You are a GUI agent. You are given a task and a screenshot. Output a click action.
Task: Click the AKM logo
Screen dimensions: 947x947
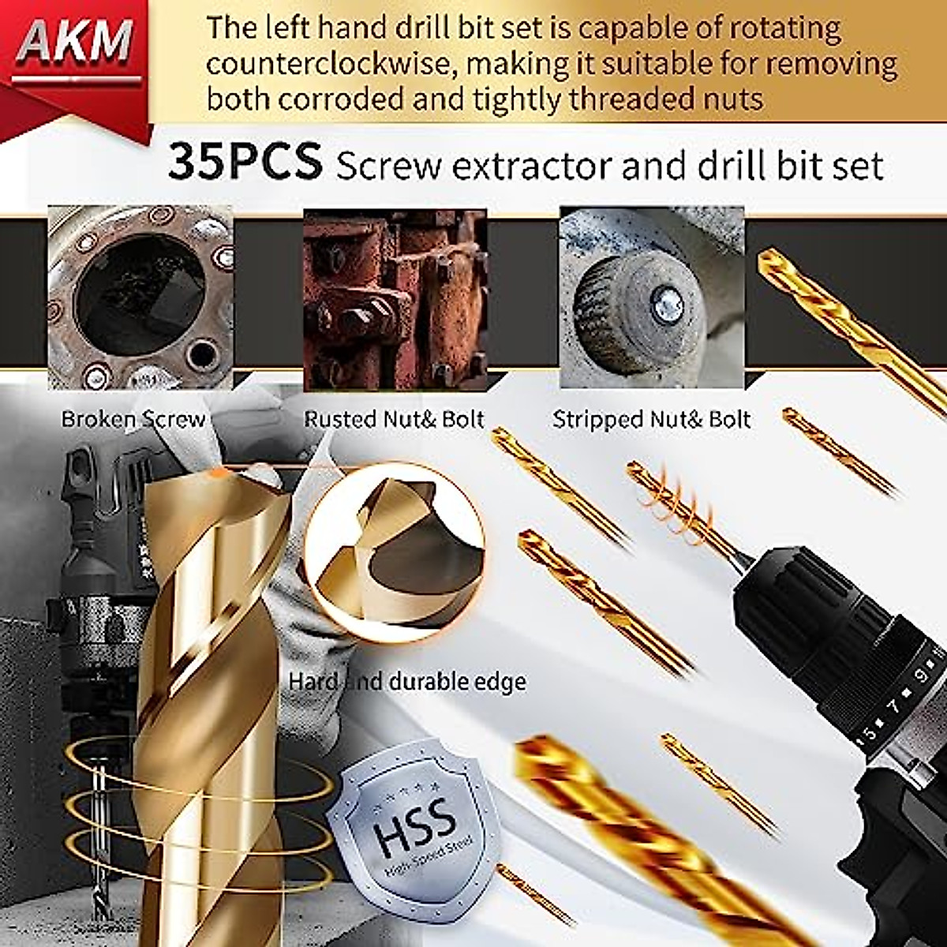click(75, 43)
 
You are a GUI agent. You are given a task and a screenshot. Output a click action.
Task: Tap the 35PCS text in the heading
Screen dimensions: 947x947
click(245, 161)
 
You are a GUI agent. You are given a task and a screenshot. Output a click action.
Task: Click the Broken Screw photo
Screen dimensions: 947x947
click(140, 298)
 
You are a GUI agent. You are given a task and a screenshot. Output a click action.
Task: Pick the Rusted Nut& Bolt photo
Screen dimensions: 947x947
click(395, 298)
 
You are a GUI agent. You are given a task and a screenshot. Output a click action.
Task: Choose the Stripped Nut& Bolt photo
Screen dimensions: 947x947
click(651, 298)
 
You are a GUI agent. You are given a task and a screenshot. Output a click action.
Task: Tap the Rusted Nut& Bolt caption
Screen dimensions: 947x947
click(394, 419)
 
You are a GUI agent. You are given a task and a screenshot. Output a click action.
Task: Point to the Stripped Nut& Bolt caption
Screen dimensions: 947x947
click(651, 419)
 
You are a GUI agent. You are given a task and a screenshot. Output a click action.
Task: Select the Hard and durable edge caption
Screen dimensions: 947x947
click(407, 681)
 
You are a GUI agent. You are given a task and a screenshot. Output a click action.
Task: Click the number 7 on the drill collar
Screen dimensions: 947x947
click(895, 705)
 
